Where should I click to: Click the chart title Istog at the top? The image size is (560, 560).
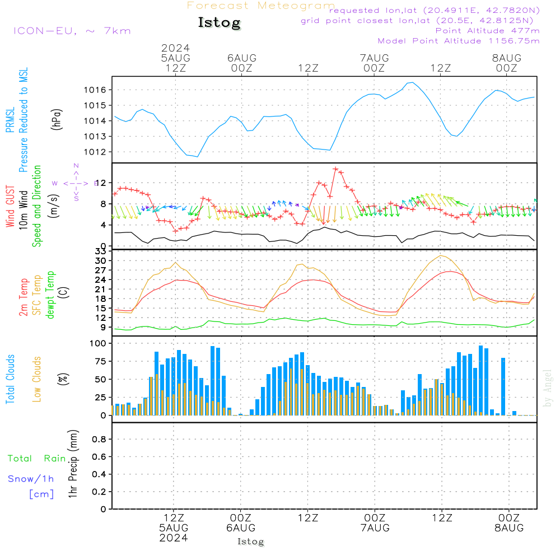[219, 23]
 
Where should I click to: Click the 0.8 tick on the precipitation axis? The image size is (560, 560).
[98, 439]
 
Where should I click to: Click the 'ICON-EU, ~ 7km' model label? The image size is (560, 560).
[72, 31]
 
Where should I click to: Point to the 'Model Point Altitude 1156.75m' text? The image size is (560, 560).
[459, 41]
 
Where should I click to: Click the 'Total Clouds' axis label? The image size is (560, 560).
[11, 379]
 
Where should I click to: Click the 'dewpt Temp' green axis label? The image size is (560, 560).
[51, 295]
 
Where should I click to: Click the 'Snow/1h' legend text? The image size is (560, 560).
[31, 479]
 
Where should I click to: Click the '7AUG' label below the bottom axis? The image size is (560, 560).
[375, 528]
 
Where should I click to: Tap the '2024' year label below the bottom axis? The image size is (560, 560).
[174, 538]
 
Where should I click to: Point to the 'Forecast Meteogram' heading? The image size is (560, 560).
[261, 6]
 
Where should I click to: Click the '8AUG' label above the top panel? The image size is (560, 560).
[507, 58]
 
